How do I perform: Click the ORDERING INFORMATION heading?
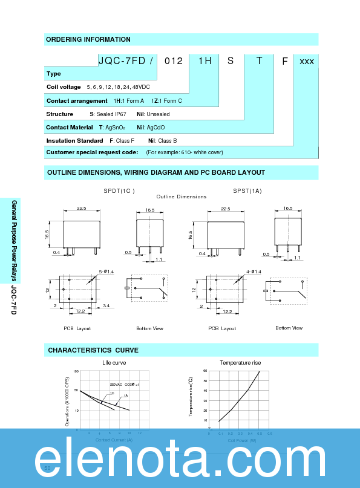click(88, 39)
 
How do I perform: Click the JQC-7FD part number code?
click(123, 60)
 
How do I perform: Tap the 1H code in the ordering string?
click(204, 60)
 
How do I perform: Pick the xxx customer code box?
click(306, 61)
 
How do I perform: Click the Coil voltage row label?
click(64, 87)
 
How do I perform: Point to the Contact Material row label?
click(70, 127)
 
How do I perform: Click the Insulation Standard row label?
click(74, 140)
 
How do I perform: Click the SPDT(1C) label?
click(119, 190)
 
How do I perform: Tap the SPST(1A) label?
click(247, 190)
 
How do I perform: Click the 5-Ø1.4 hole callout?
click(106, 272)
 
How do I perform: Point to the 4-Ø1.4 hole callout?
click(254, 272)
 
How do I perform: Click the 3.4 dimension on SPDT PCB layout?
click(106, 307)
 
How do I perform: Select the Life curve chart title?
click(114, 363)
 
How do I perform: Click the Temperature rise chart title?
click(240, 363)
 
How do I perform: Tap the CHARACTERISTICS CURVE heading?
click(93, 350)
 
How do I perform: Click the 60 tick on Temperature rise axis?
click(205, 370)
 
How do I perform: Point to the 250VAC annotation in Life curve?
click(116, 385)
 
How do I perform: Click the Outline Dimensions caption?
click(181, 197)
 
